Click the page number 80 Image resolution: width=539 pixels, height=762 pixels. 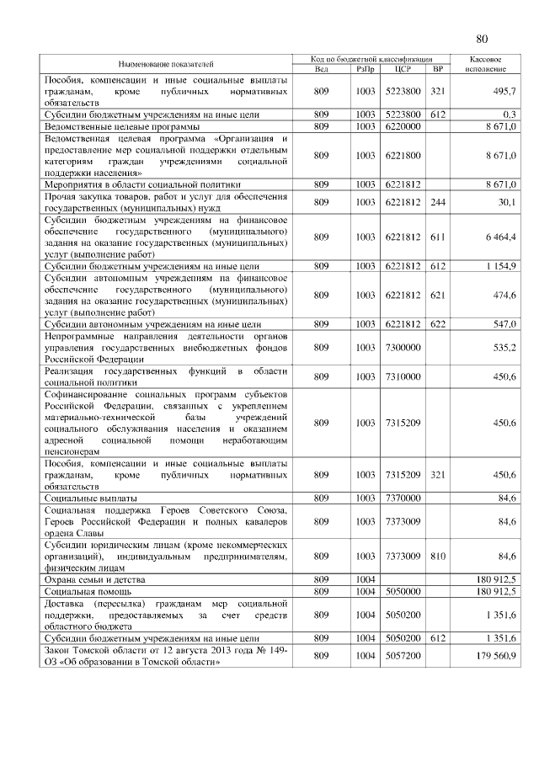point(482,39)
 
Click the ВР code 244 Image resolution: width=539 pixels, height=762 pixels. point(436,201)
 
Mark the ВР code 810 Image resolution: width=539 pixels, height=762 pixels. point(436,556)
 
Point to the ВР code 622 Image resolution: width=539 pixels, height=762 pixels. point(436,323)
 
